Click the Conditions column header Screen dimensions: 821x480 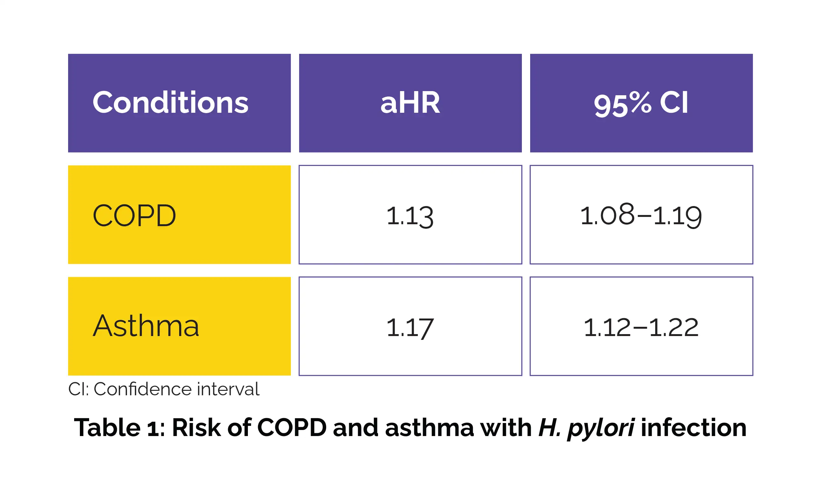coord(170,103)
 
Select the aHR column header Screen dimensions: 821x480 coord(410,103)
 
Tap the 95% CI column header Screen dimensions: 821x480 coord(641,104)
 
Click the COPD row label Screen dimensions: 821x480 coord(134,216)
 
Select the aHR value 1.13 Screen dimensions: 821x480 coord(410,217)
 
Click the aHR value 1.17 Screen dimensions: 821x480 coord(410,328)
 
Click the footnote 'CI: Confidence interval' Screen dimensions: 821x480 coord(164,389)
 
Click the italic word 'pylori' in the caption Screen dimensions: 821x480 coord(601,429)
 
